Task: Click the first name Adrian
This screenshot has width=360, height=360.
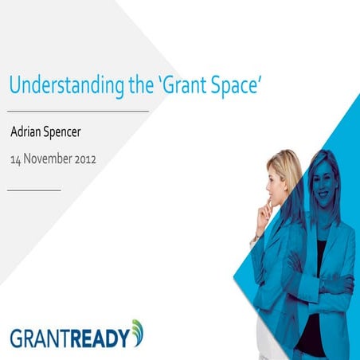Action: coord(29,132)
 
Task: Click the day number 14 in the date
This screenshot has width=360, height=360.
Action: coord(15,158)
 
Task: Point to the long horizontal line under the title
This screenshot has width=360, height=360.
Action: coord(79,112)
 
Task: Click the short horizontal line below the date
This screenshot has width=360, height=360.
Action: coord(33,190)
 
